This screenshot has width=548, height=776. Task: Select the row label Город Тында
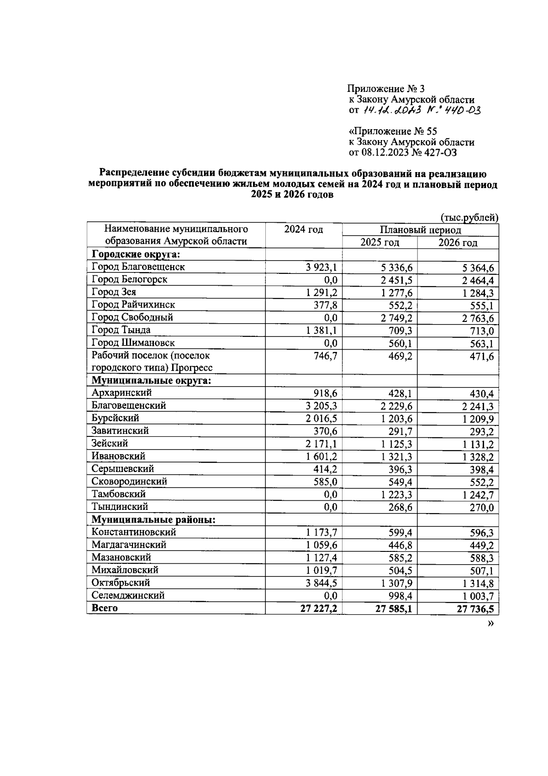pos(121,330)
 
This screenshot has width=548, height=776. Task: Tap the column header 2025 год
pos(379,242)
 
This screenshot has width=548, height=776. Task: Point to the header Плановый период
pos(420,230)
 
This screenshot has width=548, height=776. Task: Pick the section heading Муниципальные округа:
pos(151,381)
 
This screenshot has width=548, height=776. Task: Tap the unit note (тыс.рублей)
pos(469,218)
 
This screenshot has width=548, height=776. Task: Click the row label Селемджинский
pos(128,596)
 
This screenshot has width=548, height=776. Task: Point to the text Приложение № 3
pos(386,89)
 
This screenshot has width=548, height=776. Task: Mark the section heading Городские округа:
pos(136,254)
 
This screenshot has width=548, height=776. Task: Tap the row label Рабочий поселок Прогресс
pos(152,362)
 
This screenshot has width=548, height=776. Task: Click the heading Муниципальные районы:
pos(153,520)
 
